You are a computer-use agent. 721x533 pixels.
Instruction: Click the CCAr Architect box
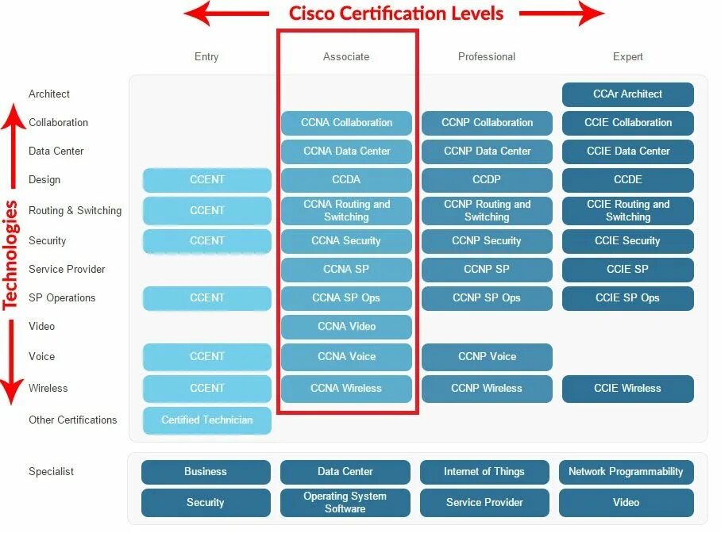click(627, 94)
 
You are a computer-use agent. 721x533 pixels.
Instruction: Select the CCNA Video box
click(346, 327)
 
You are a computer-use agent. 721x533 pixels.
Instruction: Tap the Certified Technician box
click(206, 420)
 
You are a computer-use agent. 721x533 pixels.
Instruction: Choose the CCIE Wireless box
click(627, 389)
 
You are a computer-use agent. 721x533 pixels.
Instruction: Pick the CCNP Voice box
click(487, 357)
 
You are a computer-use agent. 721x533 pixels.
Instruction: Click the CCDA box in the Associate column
click(346, 180)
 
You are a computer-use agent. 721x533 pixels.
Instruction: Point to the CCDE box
click(627, 180)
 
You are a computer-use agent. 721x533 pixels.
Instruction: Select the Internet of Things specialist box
click(484, 472)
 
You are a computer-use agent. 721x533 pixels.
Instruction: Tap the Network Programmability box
click(626, 472)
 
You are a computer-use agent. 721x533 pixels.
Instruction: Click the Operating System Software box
click(345, 503)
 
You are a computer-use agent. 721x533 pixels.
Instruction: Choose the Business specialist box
click(206, 472)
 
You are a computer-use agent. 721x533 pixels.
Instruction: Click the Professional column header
click(487, 57)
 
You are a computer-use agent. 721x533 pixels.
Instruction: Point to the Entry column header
click(206, 57)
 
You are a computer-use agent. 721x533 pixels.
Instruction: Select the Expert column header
click(627, 57)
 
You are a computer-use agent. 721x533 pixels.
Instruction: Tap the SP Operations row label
click(62, 298)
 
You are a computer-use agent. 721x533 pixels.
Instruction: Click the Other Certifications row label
click(72, 420)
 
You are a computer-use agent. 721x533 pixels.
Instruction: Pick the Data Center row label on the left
click(56, 151)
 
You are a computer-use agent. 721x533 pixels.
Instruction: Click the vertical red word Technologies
click(10, 254)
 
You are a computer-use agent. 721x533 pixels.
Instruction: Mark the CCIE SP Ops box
click(627, 298)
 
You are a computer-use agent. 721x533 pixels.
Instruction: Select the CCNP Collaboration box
click(487, 123)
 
